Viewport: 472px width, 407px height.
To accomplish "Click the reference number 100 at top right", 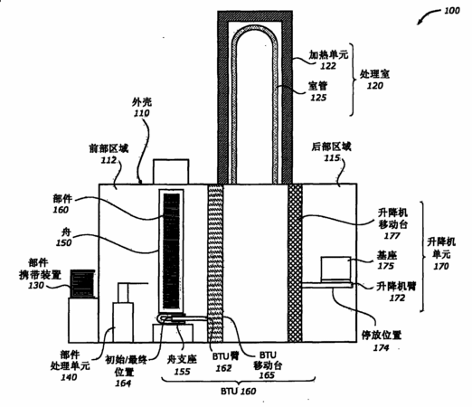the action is coord(452,11).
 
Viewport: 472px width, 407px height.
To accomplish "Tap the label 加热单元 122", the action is coord(328,60).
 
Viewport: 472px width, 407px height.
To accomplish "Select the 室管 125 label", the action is coord(318,91).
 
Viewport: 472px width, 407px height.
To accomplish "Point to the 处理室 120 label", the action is coord(374,80).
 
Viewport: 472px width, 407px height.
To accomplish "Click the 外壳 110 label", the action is coord(142,108).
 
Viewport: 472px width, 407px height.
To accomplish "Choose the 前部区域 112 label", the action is coord(109,154).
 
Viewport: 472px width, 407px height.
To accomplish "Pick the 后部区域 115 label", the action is coord(331,152).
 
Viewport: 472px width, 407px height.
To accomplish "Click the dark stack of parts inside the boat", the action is coord(172,251).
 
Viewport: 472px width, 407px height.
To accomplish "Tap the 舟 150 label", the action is coord(64,237).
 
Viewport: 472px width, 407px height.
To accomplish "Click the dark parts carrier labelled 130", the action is coord(82,283).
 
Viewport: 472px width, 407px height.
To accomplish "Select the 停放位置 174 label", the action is coord(382,341).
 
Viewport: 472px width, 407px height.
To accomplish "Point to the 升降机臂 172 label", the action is coord(397,291).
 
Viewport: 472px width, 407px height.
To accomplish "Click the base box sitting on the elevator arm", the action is coord(336,269).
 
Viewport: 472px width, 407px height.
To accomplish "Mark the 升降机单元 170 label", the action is coord(441,253).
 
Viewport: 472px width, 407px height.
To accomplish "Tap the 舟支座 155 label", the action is coord(182,365).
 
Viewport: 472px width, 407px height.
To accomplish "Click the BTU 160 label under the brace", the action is coord(239,392).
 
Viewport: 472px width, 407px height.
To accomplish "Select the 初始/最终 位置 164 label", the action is coord(126,372).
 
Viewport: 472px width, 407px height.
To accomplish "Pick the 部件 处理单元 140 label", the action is coord(70,365).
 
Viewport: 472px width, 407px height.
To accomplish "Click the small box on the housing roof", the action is coord(171,172).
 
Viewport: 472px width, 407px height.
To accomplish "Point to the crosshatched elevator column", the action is coord(295,262).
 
